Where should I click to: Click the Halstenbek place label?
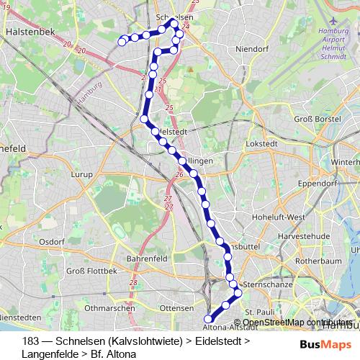coord(27,32)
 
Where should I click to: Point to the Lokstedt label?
coord(261,144)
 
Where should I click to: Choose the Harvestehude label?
coord(307,235)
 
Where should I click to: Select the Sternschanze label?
coord(268,285)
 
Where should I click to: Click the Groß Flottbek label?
coord(91,271)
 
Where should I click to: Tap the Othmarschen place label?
coord(109,307)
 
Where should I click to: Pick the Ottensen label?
coord(176,307)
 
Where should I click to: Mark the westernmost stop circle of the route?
coord(122,42)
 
